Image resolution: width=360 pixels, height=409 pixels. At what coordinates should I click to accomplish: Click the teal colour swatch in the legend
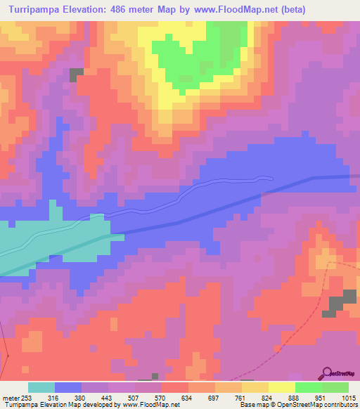pyautogui.click(x=41, y=387)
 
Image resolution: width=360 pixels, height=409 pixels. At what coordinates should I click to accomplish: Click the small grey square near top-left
pyautogui.click(x=76, y=72)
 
